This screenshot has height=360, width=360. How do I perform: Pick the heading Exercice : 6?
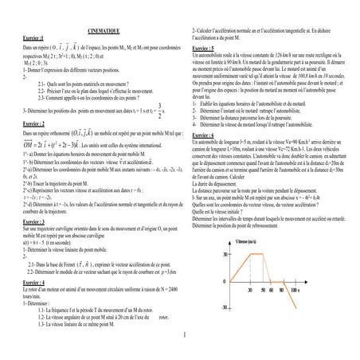point(206,135)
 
